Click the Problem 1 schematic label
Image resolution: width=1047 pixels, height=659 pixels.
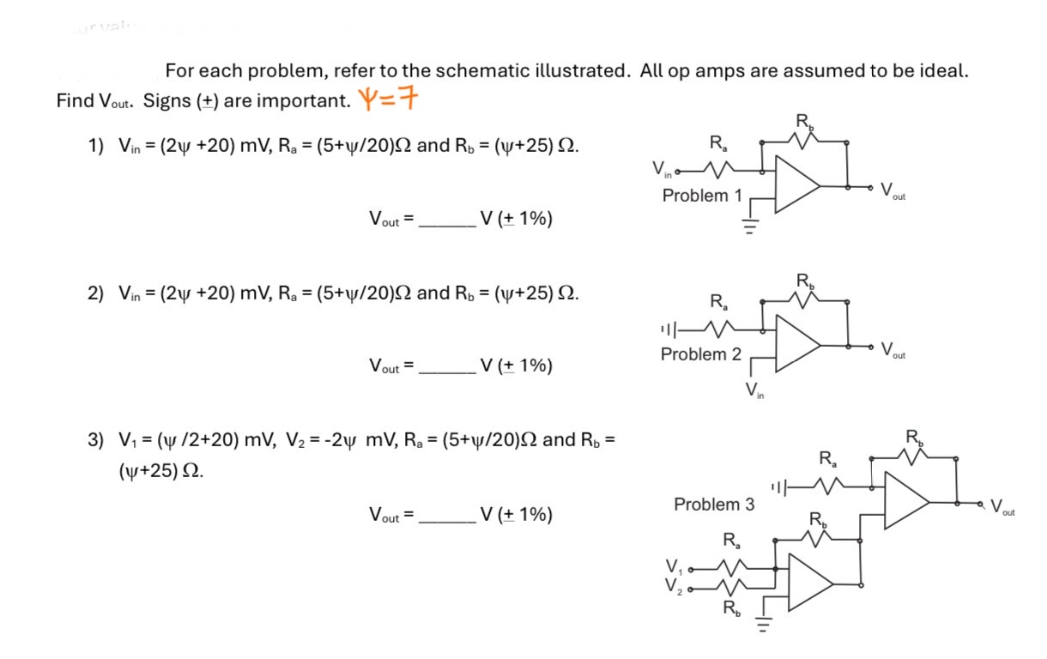(702, 196)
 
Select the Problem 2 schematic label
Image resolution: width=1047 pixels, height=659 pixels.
(700, 354)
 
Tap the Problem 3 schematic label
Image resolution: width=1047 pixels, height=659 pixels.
(714, 505)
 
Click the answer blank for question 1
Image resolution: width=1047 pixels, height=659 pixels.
(448, 221)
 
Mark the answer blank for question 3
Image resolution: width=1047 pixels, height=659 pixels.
(448, 516)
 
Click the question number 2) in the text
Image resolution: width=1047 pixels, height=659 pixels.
(95, 293)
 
